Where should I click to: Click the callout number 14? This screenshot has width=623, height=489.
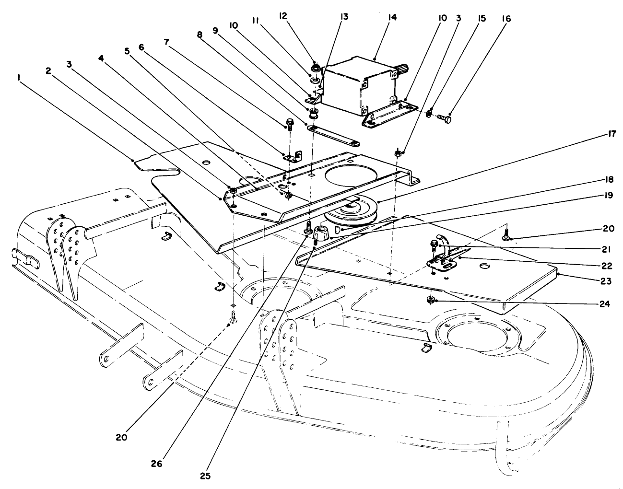click(392, 17)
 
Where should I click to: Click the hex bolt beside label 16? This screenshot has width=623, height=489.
click(443, 116)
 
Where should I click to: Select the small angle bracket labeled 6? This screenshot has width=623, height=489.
click(293, 156)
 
